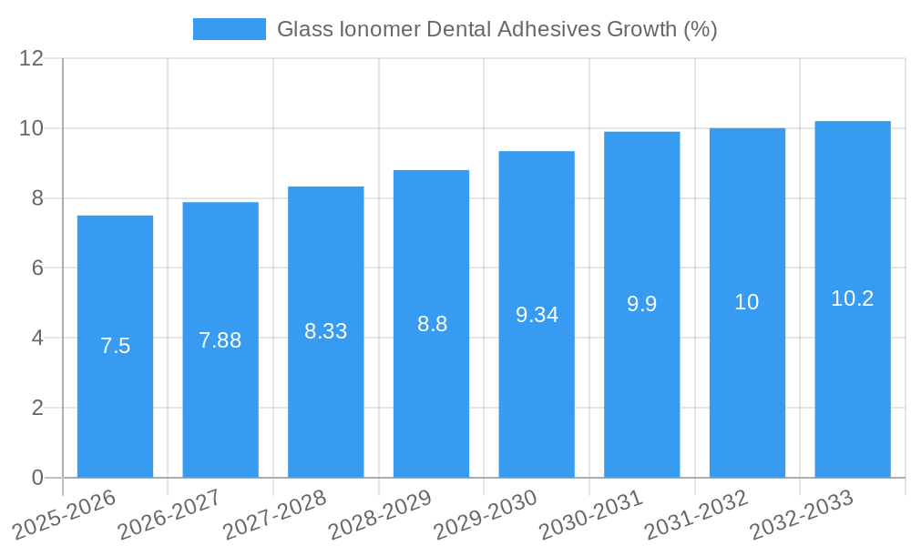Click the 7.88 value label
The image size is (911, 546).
(x=220, y=340)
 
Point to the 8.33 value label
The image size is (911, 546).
(x=325, y=331)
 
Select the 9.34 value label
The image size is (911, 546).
(x=537, y=315)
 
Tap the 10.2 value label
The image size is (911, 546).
(x=853, y=298)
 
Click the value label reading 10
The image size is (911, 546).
(x=747, y=302)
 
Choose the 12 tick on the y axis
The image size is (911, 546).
(x=32, y=58)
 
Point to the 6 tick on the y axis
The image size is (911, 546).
(x=37, y=268)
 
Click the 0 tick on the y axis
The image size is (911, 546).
(x=37, y=478)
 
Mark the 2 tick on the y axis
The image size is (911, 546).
(x=37, y=408)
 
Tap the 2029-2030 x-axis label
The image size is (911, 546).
(x=486, y=515)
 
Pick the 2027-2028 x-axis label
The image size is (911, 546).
(x=274, y=515)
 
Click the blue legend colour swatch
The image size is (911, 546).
(x=229, y=29)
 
